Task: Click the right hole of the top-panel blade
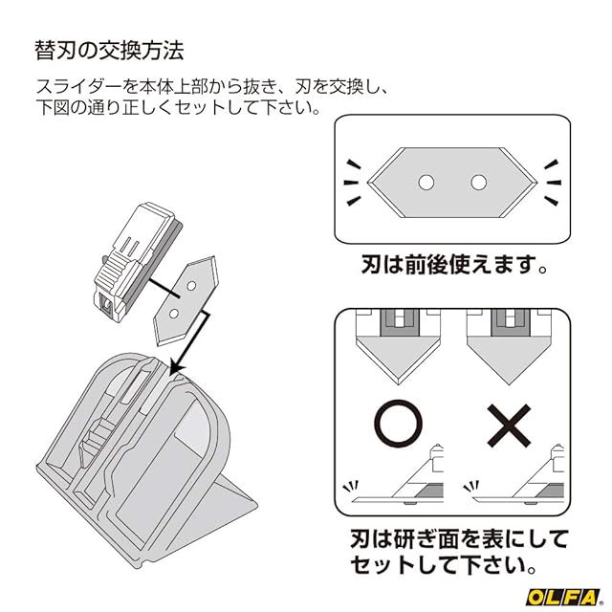click(x=477, y=181)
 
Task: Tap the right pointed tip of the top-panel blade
click(x=534, y=181)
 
